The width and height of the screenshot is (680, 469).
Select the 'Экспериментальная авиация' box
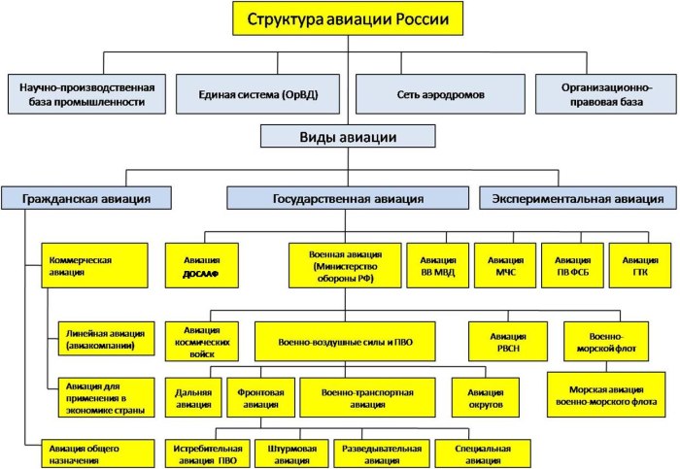578,198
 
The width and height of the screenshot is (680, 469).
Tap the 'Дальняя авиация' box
189,395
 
